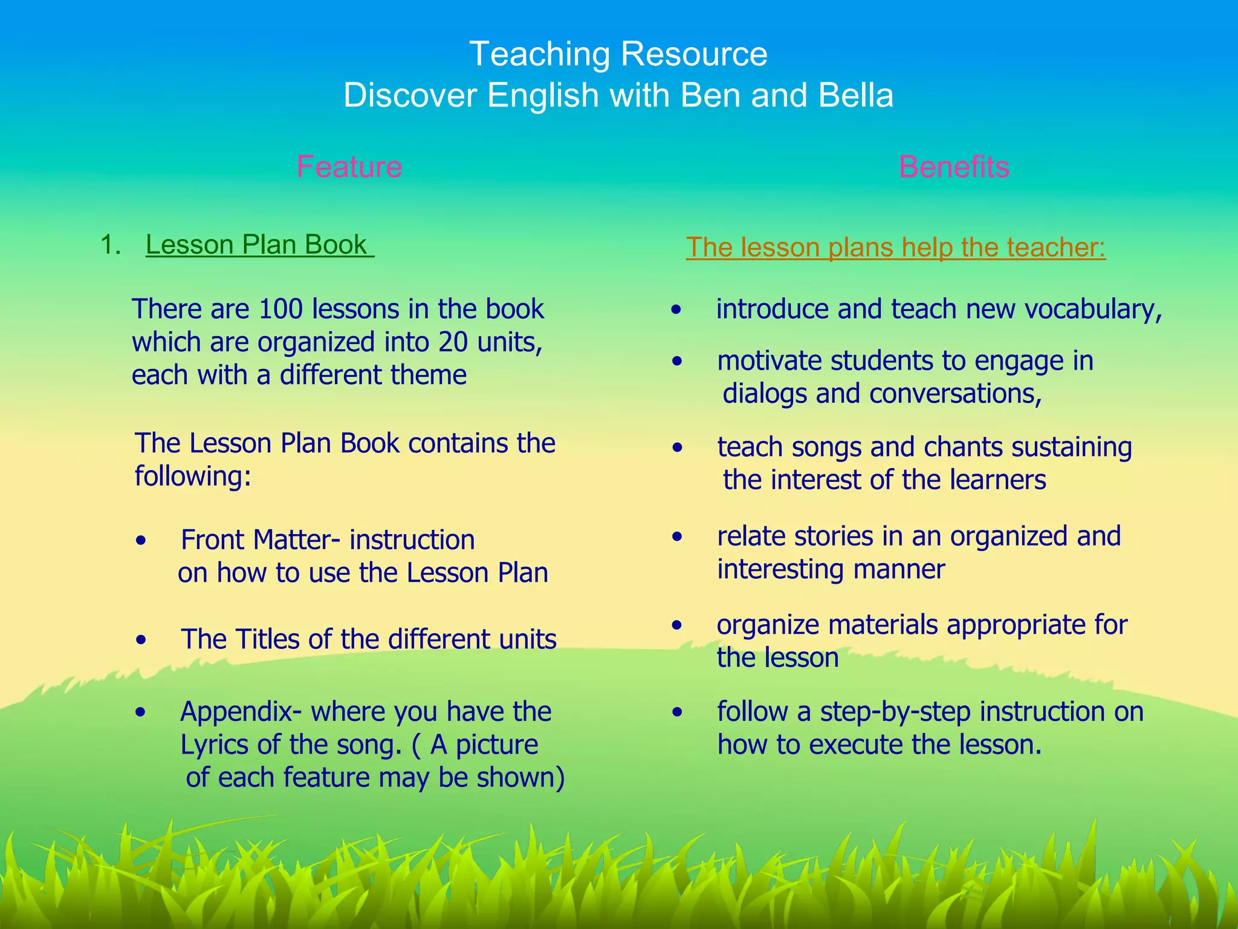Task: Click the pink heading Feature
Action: [x=349, y=166]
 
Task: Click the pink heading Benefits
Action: [x=954, y=166]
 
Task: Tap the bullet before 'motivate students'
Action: [x=677, y=362]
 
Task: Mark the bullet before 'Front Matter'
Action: [x=141, y=541]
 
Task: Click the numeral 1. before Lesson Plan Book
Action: [x=111, y=245]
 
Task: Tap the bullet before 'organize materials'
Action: [x=677, y=625]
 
